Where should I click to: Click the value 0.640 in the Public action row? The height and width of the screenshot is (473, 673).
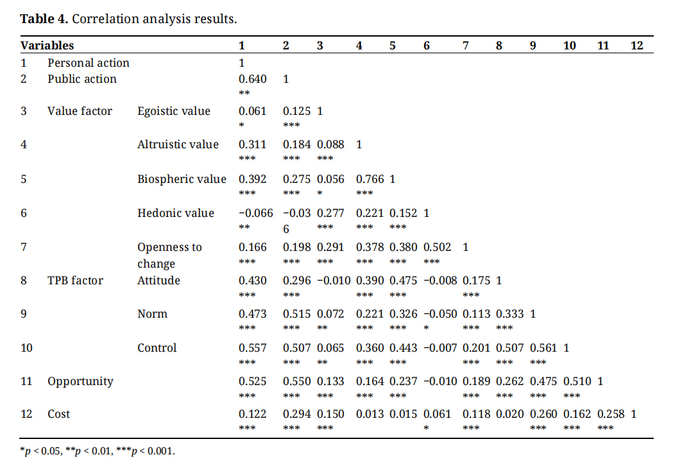[x=252, y=79]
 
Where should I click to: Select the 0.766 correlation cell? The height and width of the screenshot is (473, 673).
[x=369, y=179]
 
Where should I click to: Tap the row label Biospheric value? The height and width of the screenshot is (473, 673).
[x=182, y=179]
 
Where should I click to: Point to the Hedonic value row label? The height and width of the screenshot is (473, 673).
[x=176, y=213]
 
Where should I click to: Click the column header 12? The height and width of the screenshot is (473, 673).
[x=636, y=46]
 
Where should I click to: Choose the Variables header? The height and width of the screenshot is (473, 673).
[x=47, y=46]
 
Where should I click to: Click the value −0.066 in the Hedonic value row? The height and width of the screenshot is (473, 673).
[x=255, y=213]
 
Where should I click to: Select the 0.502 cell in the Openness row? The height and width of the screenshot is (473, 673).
[x=438, y=247]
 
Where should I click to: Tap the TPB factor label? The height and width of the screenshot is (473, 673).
[x=75, y=280]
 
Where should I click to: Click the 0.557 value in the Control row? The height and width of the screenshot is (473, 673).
[x=252, y=348]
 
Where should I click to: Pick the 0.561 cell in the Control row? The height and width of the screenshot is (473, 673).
[x=543, y=348]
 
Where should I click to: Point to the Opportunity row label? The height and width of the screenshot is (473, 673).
[x=80, y=381]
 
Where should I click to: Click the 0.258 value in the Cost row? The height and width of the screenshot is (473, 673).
[x=611, y=415]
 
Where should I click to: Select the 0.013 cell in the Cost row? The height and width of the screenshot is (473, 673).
[x=369, y=415]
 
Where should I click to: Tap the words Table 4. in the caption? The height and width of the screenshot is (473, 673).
[x=44, y=19]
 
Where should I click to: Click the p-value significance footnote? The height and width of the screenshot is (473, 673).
[x=98, y=451]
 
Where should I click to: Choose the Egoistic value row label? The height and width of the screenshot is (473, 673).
[x=174, y=111]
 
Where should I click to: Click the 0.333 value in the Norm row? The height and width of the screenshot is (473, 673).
[x=509, y=314]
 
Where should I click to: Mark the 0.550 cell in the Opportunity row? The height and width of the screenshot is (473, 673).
[x=296, y=381]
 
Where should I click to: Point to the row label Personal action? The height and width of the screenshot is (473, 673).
[x=89, y=63]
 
